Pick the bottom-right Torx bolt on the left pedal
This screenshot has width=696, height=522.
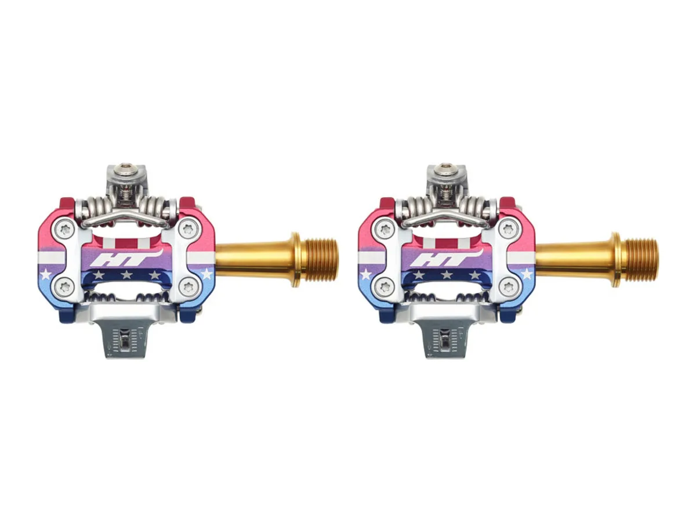coord(189,287)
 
